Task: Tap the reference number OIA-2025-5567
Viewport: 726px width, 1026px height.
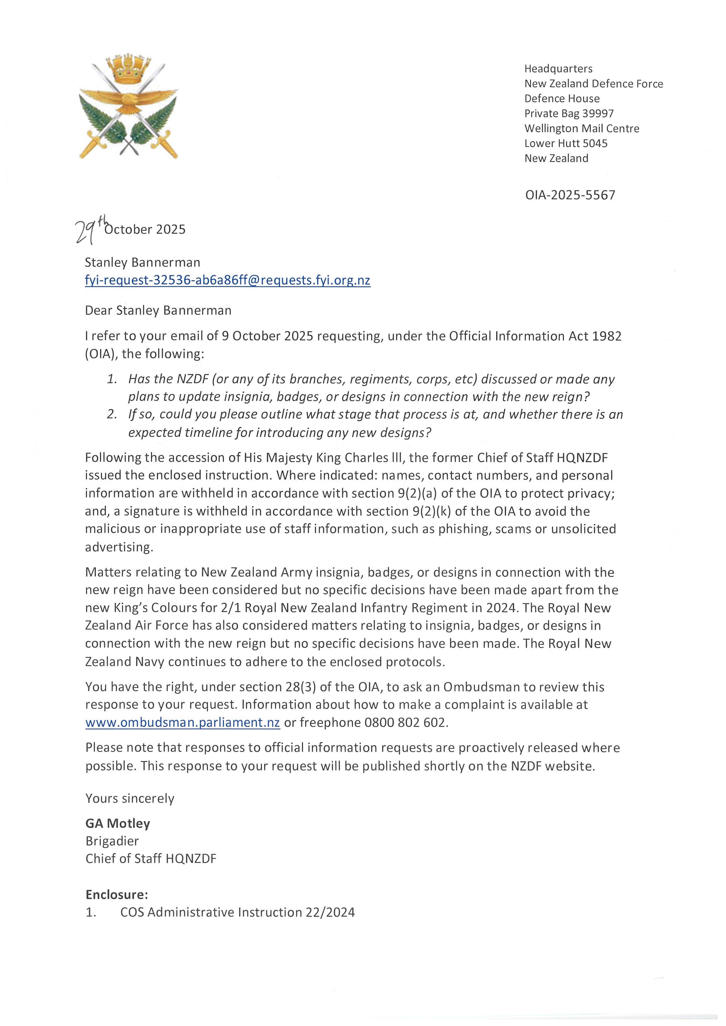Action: (x=570, y=195)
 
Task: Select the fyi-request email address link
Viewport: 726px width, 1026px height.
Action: (x=228, y=280)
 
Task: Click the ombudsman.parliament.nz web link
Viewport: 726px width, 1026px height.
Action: (x=183, y=723)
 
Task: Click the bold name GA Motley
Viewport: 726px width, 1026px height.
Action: (x=118, y=823)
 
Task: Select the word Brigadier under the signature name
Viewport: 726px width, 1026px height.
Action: (x=112, y=841)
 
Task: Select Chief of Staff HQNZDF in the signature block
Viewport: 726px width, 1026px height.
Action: (x=151, y=859)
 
